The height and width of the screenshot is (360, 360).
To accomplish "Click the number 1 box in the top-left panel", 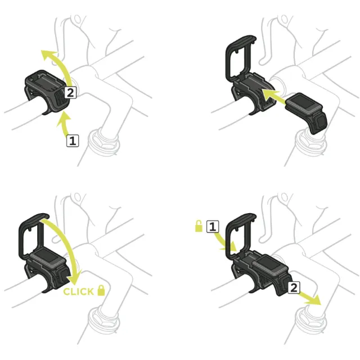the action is pyautogui.click(x=73, y=141).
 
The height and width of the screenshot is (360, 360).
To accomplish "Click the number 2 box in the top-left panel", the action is pyautogui.click(x=70, y=92).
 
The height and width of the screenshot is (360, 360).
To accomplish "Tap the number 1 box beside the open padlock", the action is pyautogui.click(x=213, y=227).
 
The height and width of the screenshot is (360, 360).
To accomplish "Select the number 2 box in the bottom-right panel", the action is pyautogui.click(x=294, y=287).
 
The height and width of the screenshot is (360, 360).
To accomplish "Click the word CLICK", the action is pyautogui.click(x=78, y=291).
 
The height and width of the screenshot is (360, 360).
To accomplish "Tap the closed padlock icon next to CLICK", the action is pyautogui.click(x=101, y=290).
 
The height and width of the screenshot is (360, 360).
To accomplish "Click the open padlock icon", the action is pyautogui.click(x=199, y=226).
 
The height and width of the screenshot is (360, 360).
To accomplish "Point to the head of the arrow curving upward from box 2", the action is pyautogui.click(x=48, y=55).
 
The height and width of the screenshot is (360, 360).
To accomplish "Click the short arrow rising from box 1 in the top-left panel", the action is pyautogui.click(x=64, y=123).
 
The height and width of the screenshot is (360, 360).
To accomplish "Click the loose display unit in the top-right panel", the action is pyautogui.click(x=306, y=112).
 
